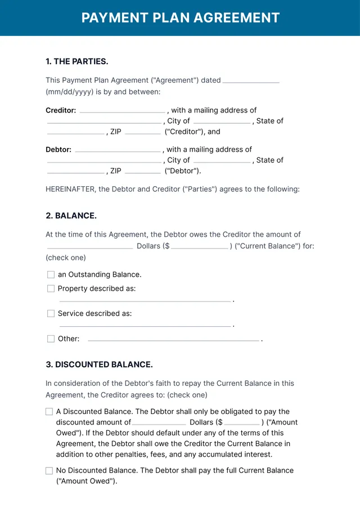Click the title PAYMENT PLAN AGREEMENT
(x=180, y=17)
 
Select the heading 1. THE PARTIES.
(x=76, y=61)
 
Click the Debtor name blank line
(x=118, y=151)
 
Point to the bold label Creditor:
(x=61, y=110)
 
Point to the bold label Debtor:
(x=58, y=150)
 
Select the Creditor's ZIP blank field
(x=142, y=133)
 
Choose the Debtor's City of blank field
(x=222, y=161)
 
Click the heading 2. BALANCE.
(x=71, y=215)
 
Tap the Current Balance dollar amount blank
(x=200, y=247)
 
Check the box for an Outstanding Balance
(x=51, y=274)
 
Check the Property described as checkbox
(x=51, y=289)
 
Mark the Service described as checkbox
(x=51, y=313)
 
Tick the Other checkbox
(x=51, y=339)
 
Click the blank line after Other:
(x=173, y=340)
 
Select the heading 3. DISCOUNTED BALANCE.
(x=99, y=364)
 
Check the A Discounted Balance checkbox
(x=49, y=412)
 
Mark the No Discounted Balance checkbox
(x=49, y=470)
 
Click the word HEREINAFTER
(x=70, y=189)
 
